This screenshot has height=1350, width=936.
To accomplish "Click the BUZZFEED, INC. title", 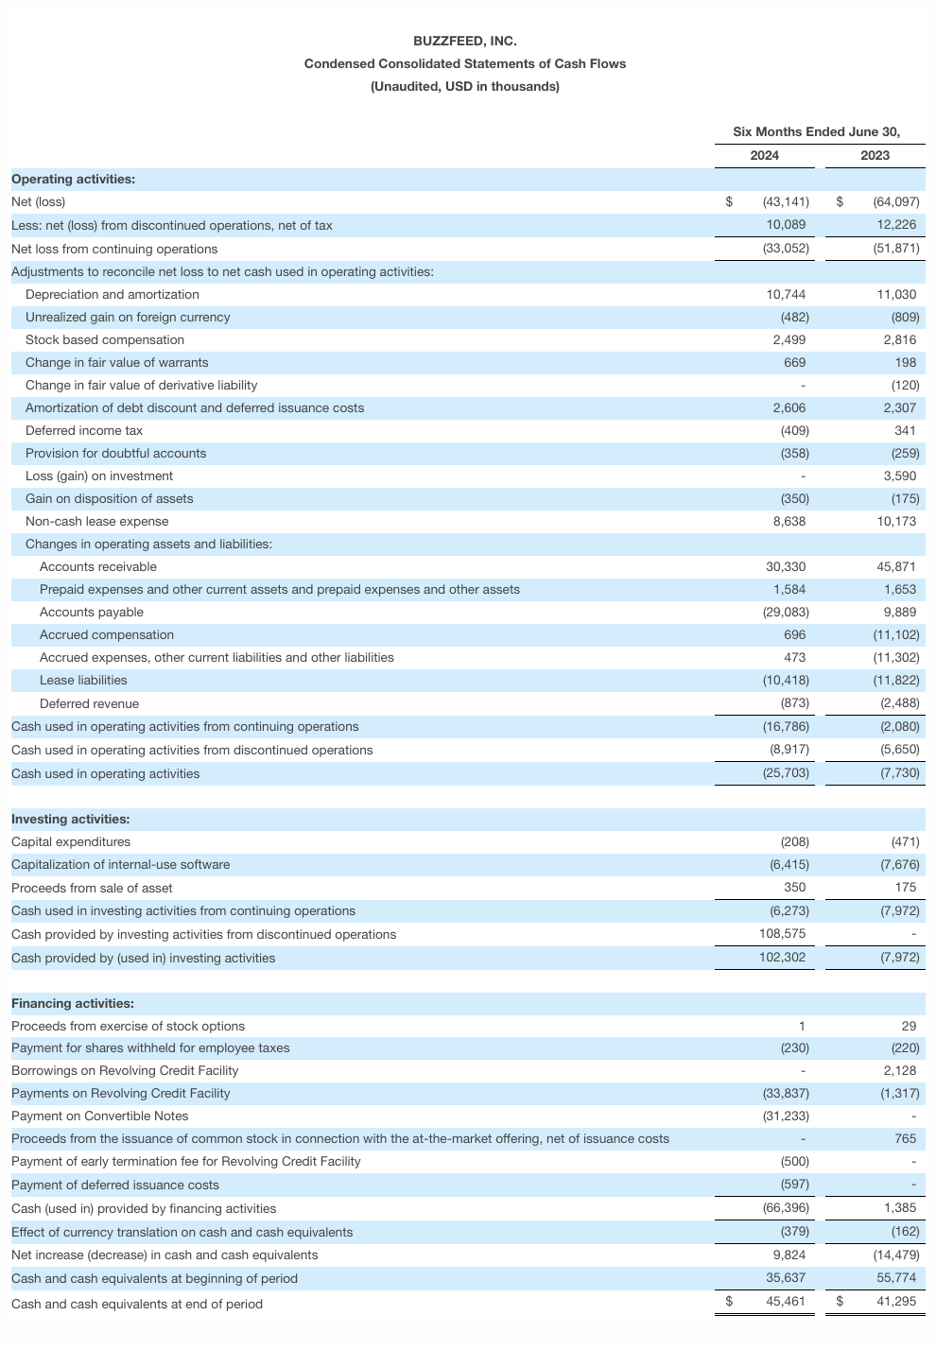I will pyautogui.click(x=464, y=41).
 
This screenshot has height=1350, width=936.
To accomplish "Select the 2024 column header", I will pyautogui.click(x=764, y=155).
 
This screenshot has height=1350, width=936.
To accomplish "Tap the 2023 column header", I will pyautogui.click(x=875, y=155).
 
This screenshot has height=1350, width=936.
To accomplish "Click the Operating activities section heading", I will pyautogui.click(x=73, y=179).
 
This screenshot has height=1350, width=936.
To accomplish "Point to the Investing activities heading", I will pyautogui.click(x=71, y=819).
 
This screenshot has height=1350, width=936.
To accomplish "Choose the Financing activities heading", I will pyautogui.click(x=73, y=1003).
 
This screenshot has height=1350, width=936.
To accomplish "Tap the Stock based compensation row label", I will pyautogui.click(x=105, y=339).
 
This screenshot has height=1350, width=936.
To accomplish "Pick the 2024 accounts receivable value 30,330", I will pyautogui.click(x=786, y=566).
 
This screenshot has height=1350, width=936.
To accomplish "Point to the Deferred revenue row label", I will pyautogui.click(x=89, y=703).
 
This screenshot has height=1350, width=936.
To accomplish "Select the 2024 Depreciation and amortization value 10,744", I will pyautogui.click(x=786, y=294).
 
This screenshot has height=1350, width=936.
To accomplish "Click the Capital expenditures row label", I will pyautogui.click(x=71, y=841).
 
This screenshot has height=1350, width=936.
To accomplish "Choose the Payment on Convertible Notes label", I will pyautogui.click(x=100, y=1116).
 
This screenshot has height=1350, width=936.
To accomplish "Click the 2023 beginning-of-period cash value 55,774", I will pyautogui.click(x=896, y=1278).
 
